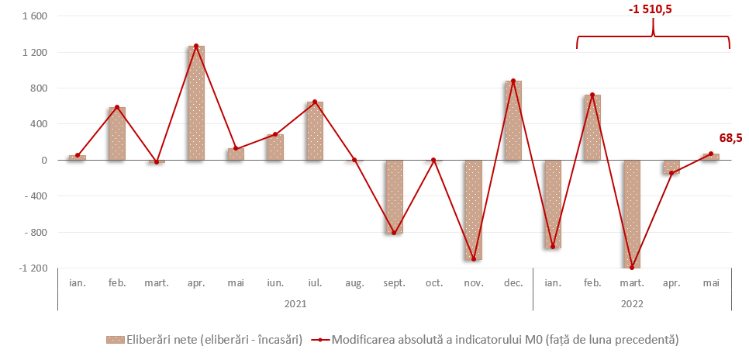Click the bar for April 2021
point(196,103)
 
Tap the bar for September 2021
point(394,197)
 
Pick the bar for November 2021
point(473,210)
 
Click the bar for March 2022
point(632,214)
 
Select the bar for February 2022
point(592,128)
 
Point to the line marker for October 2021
point(433,160)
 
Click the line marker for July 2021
point(315,102)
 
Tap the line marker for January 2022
point(553,247)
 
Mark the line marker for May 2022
point(711,154)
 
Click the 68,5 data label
point(730,138)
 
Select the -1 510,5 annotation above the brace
point(654,10)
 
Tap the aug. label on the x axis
point(354,284)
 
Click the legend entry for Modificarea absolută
point(496,340)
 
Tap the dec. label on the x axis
point(513,284)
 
